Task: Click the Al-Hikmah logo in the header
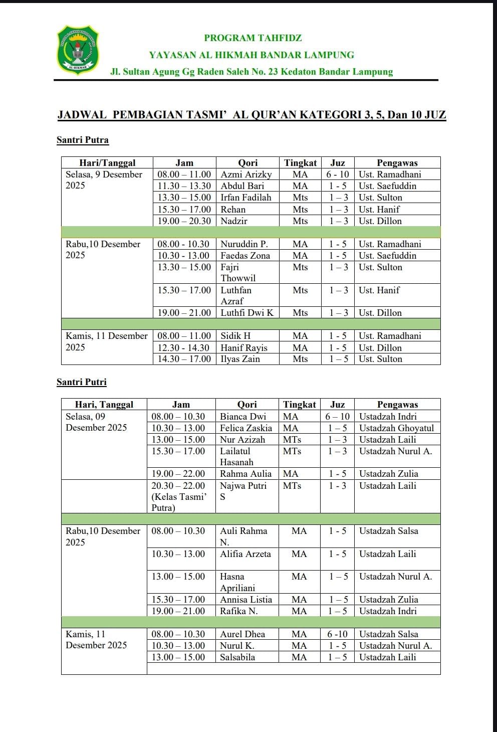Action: pyautogui.click(x=77, y=50)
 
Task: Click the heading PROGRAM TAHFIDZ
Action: pyautogui.click(x=253, y=38)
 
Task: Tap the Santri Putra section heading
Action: pyautogui.click(x=83, y=140)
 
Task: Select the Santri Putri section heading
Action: pyautogui.click(x=82, y=382)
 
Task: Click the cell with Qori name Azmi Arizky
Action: pyautogui.click(x=246, y=174)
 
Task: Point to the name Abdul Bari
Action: pyautogui.click(x=242, y=186)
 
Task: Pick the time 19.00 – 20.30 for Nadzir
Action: pyautogui.click(x=184, y=221)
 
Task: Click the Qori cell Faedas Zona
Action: pyautogui.click(x=245, y=256)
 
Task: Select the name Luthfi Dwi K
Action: pyautogui.click(x=247, y=313)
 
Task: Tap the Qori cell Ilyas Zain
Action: pyautogui.click(x=240, y=359)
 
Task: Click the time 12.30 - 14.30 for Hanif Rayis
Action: pyautogui.click(x=184, y=348)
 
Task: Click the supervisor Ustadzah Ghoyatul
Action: pyautogui.click(x=397, y=428)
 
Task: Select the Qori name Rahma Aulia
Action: pyautogui.click(x=245, y=474)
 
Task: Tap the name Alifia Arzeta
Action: pyautogui.click(x=245, y=554)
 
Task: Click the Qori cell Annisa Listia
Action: pyautogui.click(x=246, y=600)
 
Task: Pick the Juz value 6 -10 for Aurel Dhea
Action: pyautogui.click(x=337, y=634)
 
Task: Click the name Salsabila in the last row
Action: pyautogui.click(x=237, y=657)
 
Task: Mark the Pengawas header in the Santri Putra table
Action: pyautogui.click(x=397, y=163)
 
